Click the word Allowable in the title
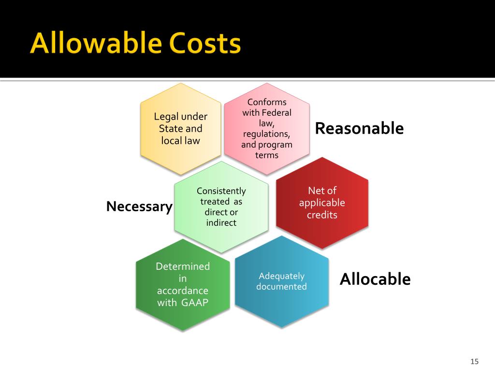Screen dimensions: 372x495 point(95,44)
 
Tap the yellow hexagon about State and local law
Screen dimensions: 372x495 point(180,129)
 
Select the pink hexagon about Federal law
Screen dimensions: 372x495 point(267,128)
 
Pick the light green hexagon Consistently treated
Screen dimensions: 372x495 point(221,207)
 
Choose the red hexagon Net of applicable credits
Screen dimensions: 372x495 point(322,202)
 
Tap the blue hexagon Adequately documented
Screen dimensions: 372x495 point(281,281)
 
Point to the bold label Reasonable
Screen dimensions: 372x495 point(359,128)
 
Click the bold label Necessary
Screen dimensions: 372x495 point(139,207)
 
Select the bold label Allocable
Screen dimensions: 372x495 point(375,279)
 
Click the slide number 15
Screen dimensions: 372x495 point(474,361)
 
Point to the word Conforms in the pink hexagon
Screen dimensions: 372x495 point(267,102)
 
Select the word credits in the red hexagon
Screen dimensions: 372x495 point(322,215)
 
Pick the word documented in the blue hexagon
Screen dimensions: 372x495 point(281,287)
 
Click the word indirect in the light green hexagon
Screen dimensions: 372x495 point(221,223)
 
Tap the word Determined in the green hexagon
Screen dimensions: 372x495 point(183,266)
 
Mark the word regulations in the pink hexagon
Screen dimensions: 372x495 point(266,134)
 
